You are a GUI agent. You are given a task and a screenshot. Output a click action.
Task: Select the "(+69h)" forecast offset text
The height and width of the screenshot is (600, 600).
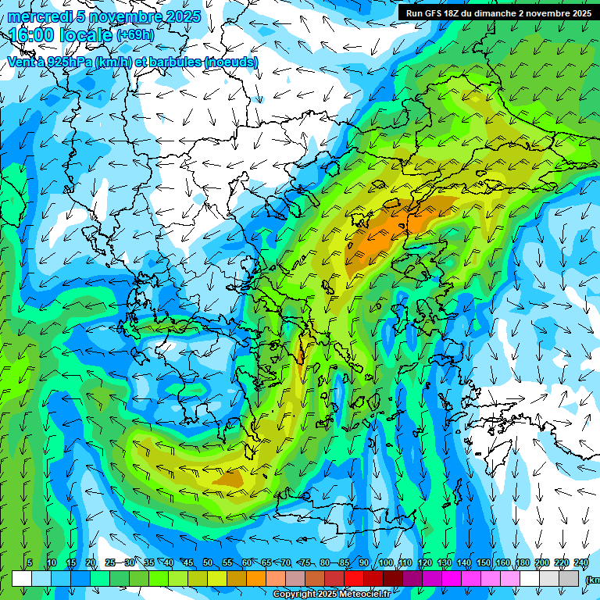point(135,35)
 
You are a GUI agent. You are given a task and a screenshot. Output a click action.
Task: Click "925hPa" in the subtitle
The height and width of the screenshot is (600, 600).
point(69,62)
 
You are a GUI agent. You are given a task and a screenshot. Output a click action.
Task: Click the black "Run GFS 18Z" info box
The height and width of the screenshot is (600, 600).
point(498,13)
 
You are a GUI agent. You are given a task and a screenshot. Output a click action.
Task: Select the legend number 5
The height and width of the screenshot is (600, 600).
point(29,563)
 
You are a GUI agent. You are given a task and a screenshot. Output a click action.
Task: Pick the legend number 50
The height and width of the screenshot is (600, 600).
point(207,563)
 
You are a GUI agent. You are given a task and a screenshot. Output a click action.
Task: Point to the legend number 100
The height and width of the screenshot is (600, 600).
point(385,563)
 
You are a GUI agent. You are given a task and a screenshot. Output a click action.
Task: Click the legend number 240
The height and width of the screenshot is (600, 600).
point(580,563)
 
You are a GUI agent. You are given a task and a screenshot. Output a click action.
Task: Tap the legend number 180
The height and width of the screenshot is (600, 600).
point(522,563)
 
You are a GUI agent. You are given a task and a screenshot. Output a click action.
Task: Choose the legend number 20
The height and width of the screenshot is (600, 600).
point(90,563)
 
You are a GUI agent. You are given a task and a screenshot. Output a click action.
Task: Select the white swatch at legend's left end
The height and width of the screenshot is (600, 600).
point(22,578)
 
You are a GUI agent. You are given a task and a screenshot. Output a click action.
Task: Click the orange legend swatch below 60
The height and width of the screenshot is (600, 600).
point(237,578)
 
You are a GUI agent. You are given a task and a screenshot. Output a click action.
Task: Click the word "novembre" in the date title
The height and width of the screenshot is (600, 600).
point(118,16)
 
